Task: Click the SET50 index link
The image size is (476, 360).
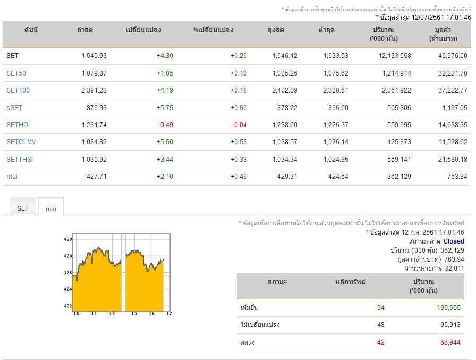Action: point(16,73)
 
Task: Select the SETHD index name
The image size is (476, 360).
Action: point(17,125)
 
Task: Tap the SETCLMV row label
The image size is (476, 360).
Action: point(21,142)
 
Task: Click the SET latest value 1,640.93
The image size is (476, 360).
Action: point(94,56)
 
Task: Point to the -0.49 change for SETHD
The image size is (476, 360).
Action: point(165,125)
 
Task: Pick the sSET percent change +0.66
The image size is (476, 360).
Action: point(239,108)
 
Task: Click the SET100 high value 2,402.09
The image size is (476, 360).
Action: point(284,90)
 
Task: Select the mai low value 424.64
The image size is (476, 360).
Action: point(338,177)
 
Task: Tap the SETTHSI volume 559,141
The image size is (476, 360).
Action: point(399,160)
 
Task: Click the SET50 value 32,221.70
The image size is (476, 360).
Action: point(453,73)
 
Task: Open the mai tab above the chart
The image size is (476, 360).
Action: point(51,209)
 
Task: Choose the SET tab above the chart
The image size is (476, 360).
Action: point(23,208)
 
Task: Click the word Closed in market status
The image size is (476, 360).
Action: point(454,241)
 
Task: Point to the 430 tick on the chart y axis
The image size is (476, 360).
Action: point(67,239)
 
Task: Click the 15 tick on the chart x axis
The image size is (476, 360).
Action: point(134,314)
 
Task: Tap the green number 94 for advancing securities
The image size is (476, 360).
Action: point(381,308)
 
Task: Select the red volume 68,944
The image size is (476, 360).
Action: point(450,342)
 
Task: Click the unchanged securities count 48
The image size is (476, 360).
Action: point(381,325)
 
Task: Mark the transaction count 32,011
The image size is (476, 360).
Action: point(454,268)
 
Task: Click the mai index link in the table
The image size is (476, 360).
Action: point(12,177)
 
